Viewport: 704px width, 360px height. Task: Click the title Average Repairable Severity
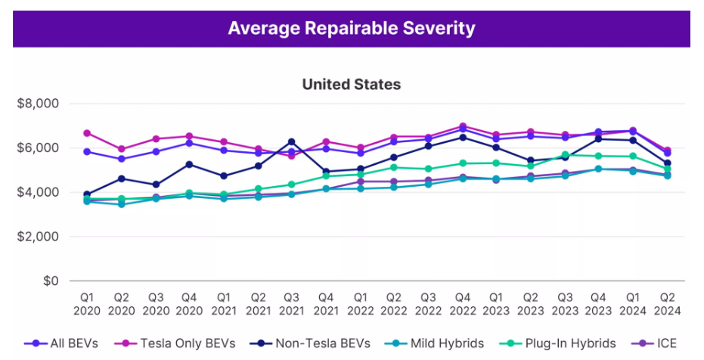(x=352, y=29)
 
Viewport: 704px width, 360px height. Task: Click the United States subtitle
(x=352, y=84)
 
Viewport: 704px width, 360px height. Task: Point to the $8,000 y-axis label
(x=38, y=104)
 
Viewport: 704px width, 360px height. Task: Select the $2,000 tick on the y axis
(x=38, y=237)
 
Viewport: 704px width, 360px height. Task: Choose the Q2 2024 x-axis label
(x=667, y=303)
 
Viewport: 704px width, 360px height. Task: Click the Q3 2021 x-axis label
(x=293, y=303)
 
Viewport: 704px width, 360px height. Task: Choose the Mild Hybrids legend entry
(x=442, y=343)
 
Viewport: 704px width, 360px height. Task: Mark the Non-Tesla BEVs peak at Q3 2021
(x=293, y=142)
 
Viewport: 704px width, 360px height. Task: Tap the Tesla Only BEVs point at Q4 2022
(x=463, y=126)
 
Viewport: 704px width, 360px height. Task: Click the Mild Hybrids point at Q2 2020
(x=123, y=204)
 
